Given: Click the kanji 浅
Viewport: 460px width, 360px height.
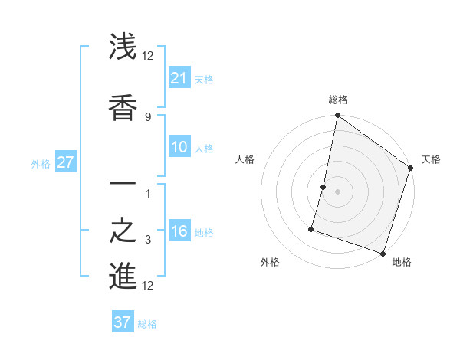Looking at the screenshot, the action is click(x=123, y=47).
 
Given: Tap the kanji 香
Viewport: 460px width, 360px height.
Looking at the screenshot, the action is click(x=123, y=107).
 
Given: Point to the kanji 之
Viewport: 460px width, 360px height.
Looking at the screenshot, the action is click(x=123, y=231).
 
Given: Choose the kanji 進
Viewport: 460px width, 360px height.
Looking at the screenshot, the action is click(x=123, y=277).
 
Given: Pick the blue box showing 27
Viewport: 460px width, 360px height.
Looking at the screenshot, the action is click(x=66, y=162).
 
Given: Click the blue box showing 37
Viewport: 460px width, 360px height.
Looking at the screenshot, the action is click(x=123, y=322).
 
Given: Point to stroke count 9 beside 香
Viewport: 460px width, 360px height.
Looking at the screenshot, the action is click(x=147, y=116).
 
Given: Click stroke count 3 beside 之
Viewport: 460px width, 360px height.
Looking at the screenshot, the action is click(x=147, y=241).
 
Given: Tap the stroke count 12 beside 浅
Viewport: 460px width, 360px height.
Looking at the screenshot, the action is click(x=148, y=56).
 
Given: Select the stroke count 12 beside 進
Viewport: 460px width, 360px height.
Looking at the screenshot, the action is click(x=148, y=286).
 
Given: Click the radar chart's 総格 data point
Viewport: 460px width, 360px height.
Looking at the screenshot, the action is click(x=337, y=116).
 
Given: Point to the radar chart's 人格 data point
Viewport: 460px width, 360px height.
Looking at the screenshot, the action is click(x=324, y=187).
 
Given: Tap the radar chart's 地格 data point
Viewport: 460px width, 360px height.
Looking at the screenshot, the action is click(x=383, y=253).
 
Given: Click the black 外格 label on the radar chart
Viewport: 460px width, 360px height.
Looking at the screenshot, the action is click(x=270, y=262).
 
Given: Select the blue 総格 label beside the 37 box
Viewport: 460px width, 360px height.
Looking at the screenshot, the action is click(x=147, y=324).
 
